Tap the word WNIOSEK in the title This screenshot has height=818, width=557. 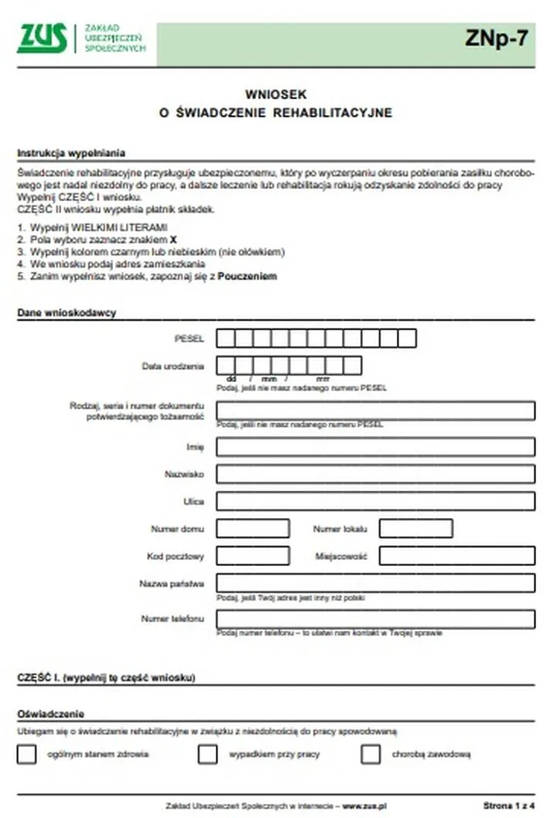(x=275, y=94)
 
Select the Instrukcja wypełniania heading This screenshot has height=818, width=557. (x=71, y=153)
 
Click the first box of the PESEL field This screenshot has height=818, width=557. (x=226, y=339)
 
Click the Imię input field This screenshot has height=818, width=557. (x=375, y=447)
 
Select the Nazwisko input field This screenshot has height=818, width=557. (x=375, y=474)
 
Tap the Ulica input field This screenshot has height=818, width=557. (x=375, y=501)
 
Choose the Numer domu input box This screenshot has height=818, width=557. (x=253, y=529)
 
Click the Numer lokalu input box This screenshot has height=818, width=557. (x=415, y=529)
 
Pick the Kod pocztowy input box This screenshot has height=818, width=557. (x=253, y=556)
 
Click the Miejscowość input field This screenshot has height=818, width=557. (x=456, y=556)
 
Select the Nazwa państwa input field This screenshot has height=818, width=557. (x=375, y=583)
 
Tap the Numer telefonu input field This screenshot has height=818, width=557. (x=375, y=619)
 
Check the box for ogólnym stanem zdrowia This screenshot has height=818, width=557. (x=27, y=755)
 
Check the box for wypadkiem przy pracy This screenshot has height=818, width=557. (x=207, y=755)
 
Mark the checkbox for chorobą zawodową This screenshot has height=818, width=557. (x=371, y=755)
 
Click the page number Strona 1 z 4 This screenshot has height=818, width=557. (x=509, y=806)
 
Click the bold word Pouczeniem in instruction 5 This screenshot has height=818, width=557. (x=248, y=276)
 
